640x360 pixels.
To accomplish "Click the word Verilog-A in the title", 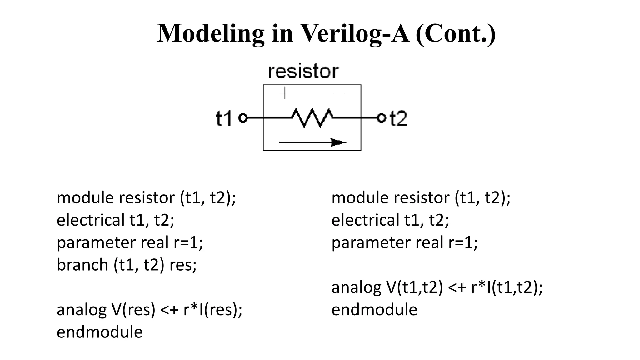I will point(355,34).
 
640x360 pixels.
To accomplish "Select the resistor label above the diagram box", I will point(303,71).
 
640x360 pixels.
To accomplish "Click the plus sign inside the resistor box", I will point(284,93).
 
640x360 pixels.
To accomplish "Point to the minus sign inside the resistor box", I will point(339,93).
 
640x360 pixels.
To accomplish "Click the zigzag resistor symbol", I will point(312,118).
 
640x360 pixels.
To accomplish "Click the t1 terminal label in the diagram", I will point(224,119).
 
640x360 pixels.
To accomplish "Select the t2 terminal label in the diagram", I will point(399,119).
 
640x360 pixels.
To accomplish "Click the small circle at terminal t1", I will point(243,118).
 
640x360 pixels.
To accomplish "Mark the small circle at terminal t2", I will point(381,118).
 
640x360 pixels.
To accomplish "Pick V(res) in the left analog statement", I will point(133,310).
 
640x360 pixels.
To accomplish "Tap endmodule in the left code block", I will point(99,332).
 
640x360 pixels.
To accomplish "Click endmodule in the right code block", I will point(374,310).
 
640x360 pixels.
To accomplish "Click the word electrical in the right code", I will point(365,220).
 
